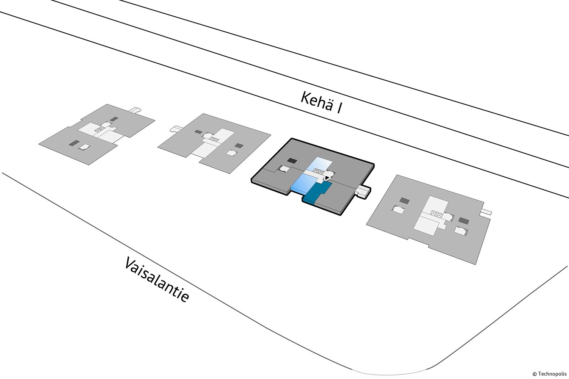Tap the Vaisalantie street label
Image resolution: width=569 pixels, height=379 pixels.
[156, 280]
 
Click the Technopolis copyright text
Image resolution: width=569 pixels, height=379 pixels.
[550, 374]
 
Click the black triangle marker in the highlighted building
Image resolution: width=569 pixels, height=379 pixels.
[327, 177]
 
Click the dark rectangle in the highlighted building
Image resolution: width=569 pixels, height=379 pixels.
[292, 161]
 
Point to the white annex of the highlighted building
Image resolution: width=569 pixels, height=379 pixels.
[363, 191]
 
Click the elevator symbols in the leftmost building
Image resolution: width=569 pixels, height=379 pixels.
[100, 129]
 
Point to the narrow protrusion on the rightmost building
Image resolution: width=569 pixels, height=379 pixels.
[486, 211]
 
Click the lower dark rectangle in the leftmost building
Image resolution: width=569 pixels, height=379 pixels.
[74, 143]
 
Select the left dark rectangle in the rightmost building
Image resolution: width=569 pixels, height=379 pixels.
[404, 200]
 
